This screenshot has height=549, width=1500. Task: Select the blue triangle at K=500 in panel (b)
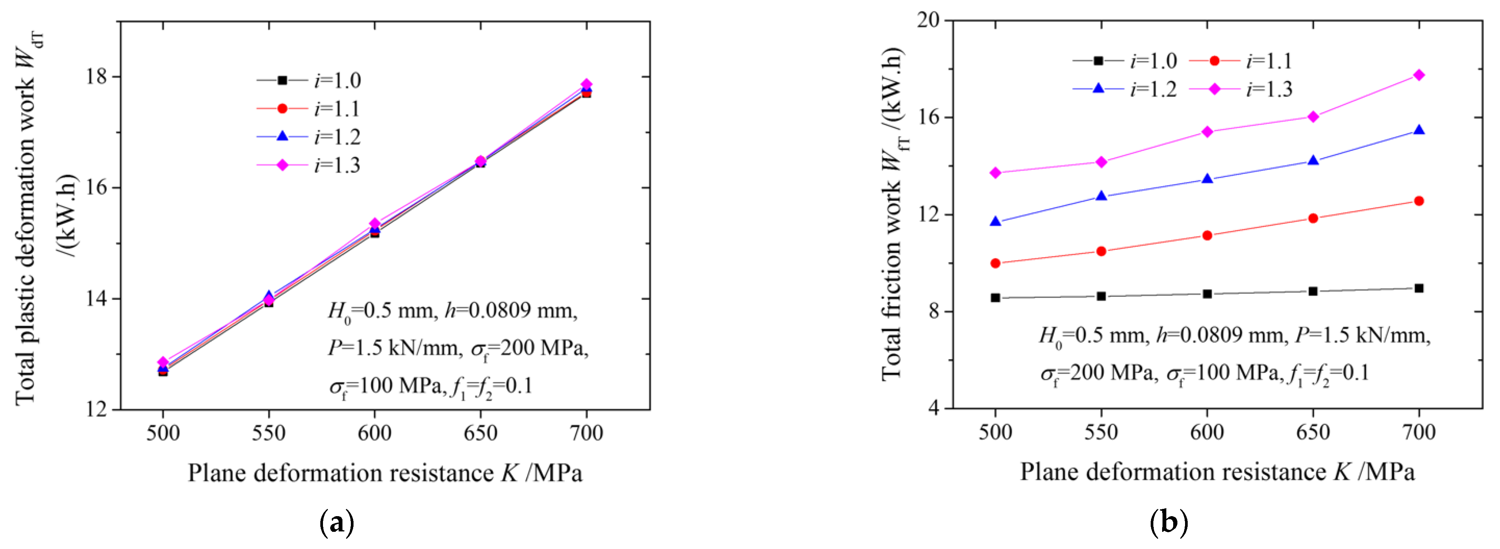pos(995,222)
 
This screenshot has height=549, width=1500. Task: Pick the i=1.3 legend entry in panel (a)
pos(308,165)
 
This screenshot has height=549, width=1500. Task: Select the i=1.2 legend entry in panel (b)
pos(1124,89)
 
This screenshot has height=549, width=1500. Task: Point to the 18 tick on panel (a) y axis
pos(98,77)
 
